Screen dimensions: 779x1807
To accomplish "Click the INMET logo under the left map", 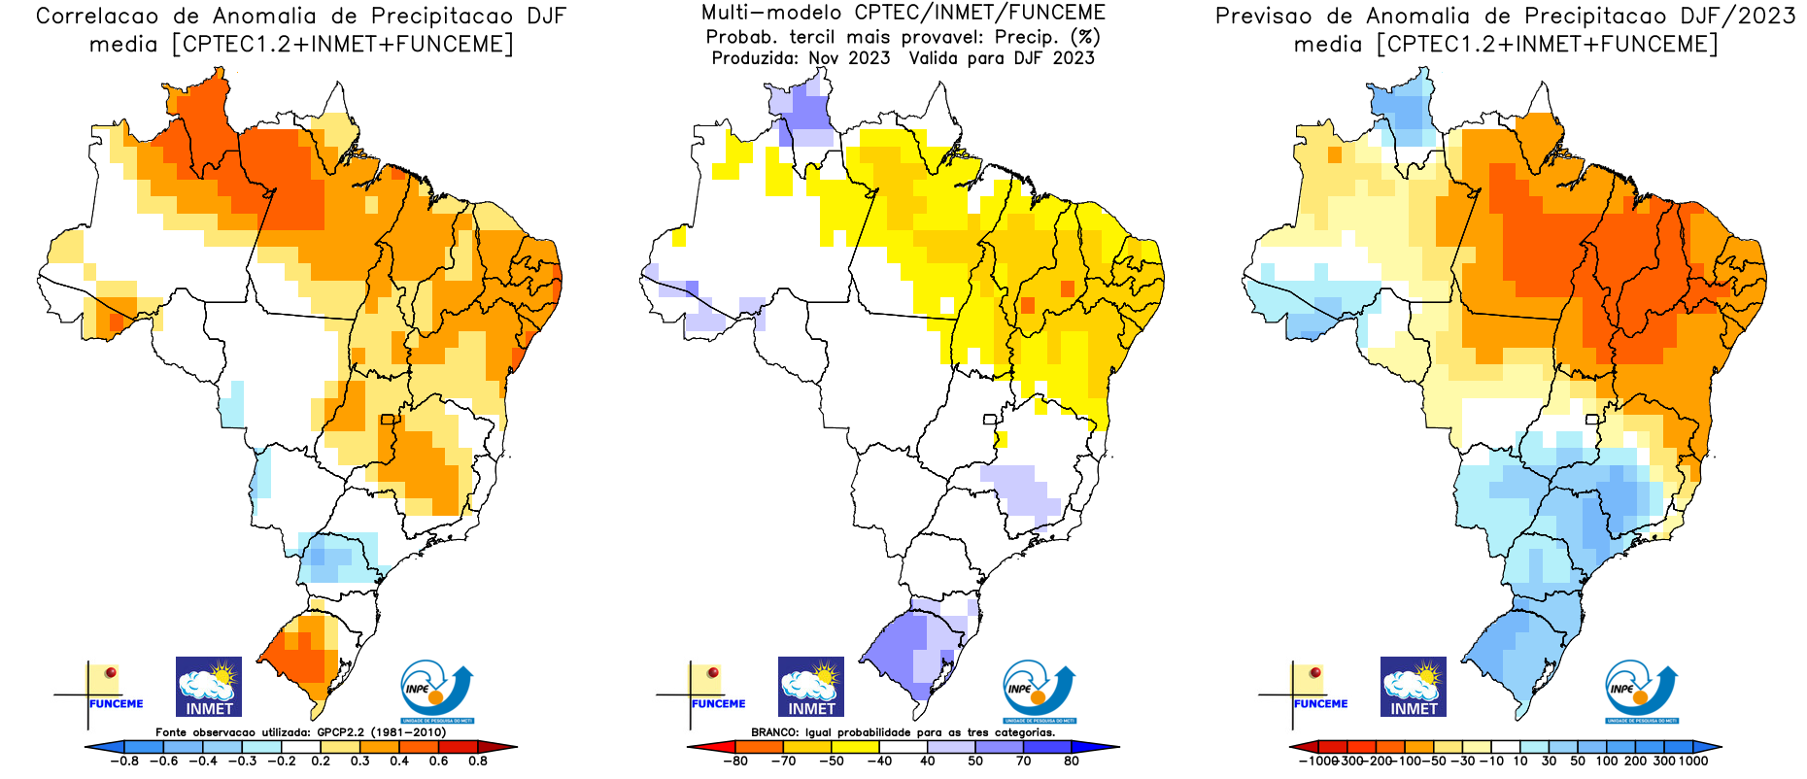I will pyautogui.click(x=209, y=687).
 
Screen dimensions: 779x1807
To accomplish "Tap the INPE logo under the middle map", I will pyautogui.click(x=1040, y=692).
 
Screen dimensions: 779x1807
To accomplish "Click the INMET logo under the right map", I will pyautogui.click(x=1414, y=687).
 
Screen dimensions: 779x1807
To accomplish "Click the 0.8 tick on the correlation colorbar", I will pyautogui.click(x=478, y=762).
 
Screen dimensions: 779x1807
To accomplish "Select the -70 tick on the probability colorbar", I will pyautogui.click(x=783, y=762).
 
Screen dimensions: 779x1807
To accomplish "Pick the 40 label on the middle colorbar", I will pyautogui.click(x=928, y=762).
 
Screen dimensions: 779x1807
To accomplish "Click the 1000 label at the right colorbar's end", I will pyautogui.click(x=1693, y=762).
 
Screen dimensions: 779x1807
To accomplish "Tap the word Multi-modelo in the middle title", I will pyautogui.click(x=771, y=13).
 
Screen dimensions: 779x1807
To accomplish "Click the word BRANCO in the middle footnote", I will pyautogui.click(x=774, y=732).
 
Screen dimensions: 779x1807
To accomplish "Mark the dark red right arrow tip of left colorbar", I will pyautogui.click(x=505, y=747).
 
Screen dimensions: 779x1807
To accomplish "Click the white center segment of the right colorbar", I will pyautogui.click(x=1506, y=747).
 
